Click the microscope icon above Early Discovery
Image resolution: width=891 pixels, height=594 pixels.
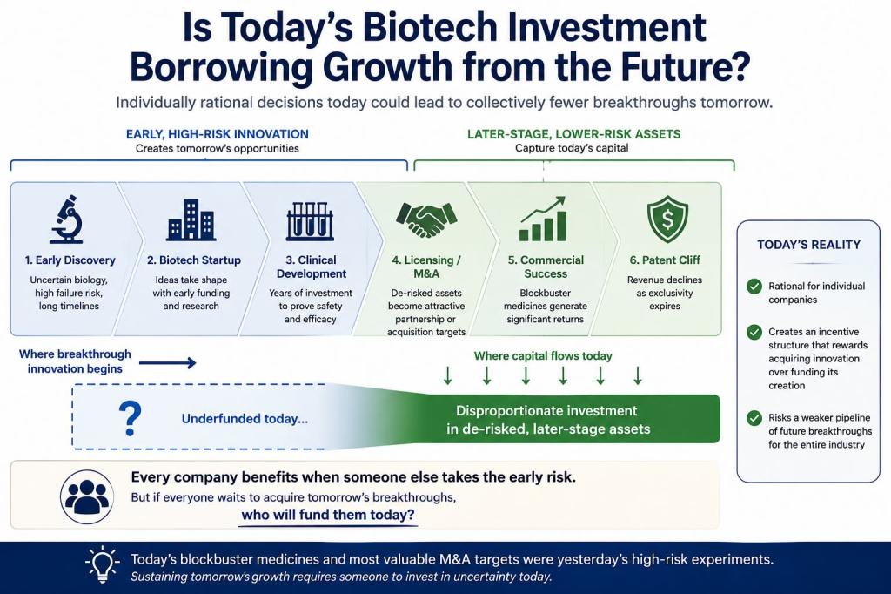pyautogui.click(x=67, y=219)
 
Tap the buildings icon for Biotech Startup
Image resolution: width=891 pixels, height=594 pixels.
pyautogui.click(x=191, y=219)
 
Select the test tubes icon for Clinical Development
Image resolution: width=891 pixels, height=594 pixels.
pyautogui.click(x=310, y=220)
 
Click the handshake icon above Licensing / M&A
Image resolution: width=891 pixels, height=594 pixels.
pyautogui.click(x=426, y=219)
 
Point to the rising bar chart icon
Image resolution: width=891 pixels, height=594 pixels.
pyautogui.click(x=543, y=219)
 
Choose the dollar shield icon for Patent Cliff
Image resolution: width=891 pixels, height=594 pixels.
pyautogui.click(x=667, y=219)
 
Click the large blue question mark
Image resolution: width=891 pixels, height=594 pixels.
pyautogui.click(x=131, y=418)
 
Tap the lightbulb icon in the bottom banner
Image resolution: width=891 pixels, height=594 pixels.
pyautogui.click(x=103, y=564)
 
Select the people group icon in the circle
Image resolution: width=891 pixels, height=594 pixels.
pyautogui.click(x=86, y=496)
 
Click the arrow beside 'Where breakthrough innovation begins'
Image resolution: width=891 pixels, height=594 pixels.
pyautogui.click(x=168, y=362)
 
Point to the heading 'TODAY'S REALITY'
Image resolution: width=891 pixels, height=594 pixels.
pyautogui.click(x=808, y=245)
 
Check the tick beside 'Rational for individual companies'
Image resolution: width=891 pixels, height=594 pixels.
pyautogui.click(x=754, y=287)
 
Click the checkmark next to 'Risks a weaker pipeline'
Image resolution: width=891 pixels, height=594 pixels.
pyautogui.click(x=754, y=418)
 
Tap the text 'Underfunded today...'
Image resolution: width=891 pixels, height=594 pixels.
pyautogui.click(x=245, y=419)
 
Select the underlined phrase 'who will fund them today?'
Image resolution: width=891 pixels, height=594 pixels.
pyautogui.click(x=328, y=515)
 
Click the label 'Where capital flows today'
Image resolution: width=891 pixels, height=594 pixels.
pyautogui.click(x=543, y=356)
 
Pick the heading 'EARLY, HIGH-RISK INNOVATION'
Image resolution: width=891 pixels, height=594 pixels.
pyautogui.click(x=217, y=134)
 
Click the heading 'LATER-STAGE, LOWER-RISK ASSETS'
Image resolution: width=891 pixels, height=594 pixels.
pyautogui.click(x=574, y=134)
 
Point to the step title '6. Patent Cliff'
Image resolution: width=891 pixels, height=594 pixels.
pyautogui.click(x=665, y=260)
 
